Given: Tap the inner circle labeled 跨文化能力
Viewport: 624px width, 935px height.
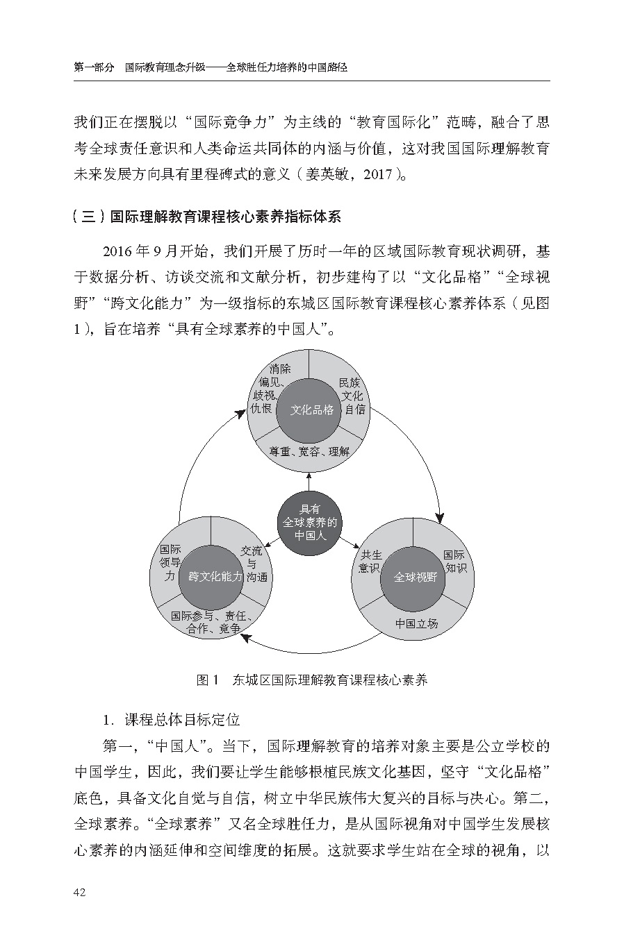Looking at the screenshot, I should click(x=211, y=576).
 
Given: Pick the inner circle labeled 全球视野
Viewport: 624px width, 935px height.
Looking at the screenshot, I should click(x=413, y=576).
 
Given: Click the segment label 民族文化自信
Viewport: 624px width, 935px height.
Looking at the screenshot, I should click(x=352, y=396).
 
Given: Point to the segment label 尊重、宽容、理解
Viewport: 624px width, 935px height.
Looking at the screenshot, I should click(x=310, y=451).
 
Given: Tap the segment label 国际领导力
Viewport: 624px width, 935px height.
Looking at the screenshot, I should click(x=170, y=562).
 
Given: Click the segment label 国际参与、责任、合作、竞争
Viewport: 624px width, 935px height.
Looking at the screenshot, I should click(x=211, y=622).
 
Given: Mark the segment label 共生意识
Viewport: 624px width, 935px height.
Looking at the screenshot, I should click(x=370, y=562).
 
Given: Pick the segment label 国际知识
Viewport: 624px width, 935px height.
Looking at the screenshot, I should click(x=455, y=562).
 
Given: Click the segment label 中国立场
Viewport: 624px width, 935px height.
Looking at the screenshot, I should click(x=416, y=623).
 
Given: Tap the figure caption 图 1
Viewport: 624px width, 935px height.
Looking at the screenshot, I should click(x=208, y=680).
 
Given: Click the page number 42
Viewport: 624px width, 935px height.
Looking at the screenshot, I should click(x=79, y=892).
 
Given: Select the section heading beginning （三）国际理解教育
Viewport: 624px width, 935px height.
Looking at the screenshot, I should click(x=208, y=216).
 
